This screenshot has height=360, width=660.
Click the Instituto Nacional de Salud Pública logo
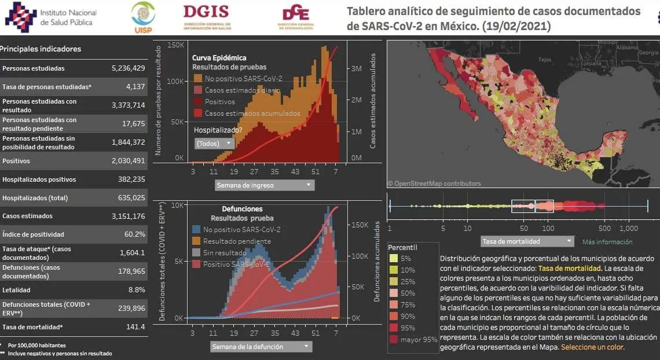click(51, 17)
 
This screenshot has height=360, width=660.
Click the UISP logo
click(142, 17)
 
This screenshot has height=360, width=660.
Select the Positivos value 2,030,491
click(128, 161)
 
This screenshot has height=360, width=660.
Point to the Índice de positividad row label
click(33, 234)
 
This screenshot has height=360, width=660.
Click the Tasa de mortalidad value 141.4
click(135, 327)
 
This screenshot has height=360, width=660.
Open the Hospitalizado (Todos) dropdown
click(214, 143)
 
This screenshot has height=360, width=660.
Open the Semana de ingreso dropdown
click(265, 185)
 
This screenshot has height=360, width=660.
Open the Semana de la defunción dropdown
click(262, 347)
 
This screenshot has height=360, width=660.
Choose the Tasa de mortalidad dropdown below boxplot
click(527, 241)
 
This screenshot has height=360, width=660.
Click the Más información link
click(607, 242)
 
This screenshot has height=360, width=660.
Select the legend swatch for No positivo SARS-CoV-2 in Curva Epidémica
click(197, 78)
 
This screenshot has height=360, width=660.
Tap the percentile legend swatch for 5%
click(393, 259)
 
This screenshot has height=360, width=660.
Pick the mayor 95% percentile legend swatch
click(393, 340)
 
